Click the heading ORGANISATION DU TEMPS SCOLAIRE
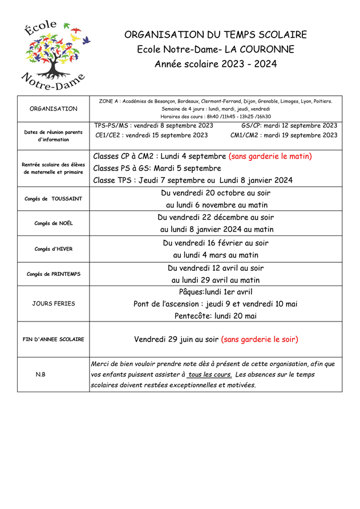[216, 35]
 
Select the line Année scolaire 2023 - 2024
[216, 64]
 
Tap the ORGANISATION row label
[54, 108]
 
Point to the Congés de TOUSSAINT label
[54, 199]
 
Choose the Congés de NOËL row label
[54, 223]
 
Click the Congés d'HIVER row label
[54, 249]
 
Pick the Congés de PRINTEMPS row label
[54, 274]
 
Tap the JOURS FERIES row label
[54, 303]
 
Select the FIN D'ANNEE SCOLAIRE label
[54, 339]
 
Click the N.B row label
[41, 374]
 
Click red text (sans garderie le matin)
[270, 156]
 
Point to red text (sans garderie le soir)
[260, 339]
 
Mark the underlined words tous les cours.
[209, 374]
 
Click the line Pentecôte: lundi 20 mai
[216, 316]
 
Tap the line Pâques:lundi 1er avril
[216, 292]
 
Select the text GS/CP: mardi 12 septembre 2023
[289, 125]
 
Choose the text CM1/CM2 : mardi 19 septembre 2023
[284, 136]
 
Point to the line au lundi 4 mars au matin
[216, 255]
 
